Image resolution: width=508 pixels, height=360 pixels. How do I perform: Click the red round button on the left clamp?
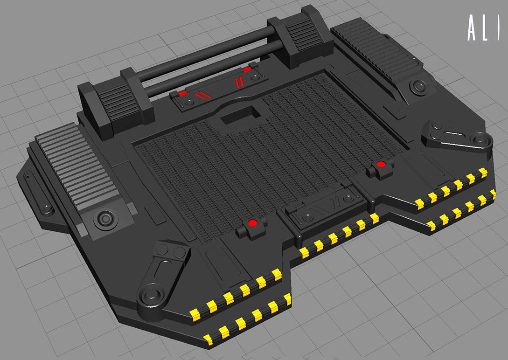(252, 223)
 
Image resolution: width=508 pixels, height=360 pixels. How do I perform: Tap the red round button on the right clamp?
(381, 164)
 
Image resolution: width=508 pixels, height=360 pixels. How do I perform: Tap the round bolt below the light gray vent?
(105, 219)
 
